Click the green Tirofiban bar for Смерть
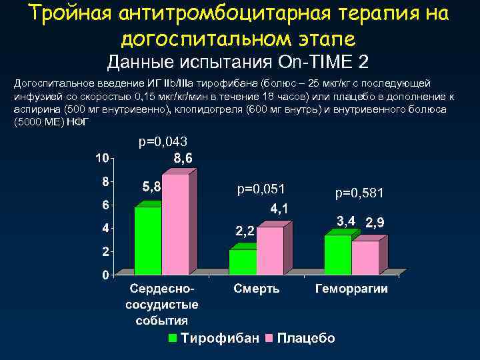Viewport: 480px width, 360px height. tap(243, 261)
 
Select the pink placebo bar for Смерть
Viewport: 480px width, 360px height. tap(270, 251)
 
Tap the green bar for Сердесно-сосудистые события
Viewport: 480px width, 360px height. tap(148, 240)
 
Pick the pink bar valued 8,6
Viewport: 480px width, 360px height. tap(175, 224)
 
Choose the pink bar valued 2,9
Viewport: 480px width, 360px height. tap(365, 257)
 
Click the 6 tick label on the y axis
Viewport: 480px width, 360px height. tap(105, 205)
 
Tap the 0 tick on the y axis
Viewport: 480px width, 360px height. tap(105, 275)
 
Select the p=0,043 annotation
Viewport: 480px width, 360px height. tap(163, 142)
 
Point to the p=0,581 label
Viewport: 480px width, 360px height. tap(361, 193)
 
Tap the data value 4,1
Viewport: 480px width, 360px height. tap(279, 209)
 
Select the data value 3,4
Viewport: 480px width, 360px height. tap(345, 221)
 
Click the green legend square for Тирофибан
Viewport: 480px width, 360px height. tap(173, 338)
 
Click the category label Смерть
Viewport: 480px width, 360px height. tap(257, 290)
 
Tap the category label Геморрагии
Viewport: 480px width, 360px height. tap(351, 290)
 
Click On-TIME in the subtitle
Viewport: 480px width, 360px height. tap(320, 63)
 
